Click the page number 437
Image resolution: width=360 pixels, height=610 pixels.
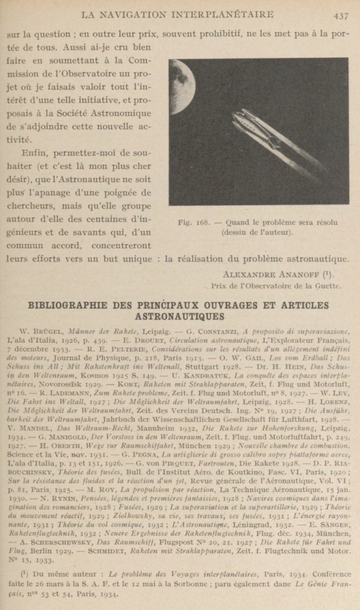[x=341, y=15]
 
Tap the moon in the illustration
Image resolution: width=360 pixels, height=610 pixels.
[x=179, y=86]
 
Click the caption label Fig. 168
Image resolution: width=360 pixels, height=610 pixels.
[x=193, y=223]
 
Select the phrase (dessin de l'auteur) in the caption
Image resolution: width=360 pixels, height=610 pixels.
[x=257, y=232]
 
